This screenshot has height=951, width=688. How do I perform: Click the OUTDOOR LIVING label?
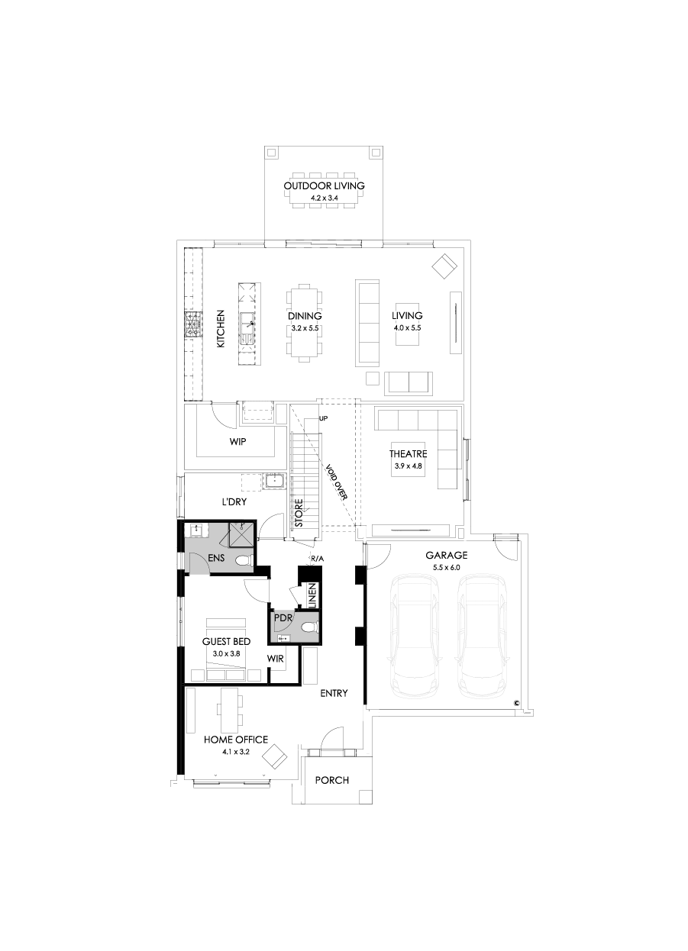pyautogui.click(x=324, y=185)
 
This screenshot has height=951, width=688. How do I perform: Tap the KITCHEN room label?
pyautogui.click(x=221, y=328)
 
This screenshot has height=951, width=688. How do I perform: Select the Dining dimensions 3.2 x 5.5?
pyautogui.click(x=305, y=327)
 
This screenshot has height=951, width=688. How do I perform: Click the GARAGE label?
pyautogui.click(x=446, y=556)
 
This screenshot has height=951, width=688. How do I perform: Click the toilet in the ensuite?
pyautogui.click(x=244, y=561)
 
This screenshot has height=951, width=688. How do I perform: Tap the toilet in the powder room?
pyautogui.click(x=308, y=627)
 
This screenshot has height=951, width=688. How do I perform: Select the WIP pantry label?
pyautogui.click(x=237, y=442)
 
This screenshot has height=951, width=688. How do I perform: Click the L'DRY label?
pyautogui.click(x=234, y=502)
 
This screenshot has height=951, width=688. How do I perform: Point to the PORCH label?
pyautogui.click(x=332, y=780)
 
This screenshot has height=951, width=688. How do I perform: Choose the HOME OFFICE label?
pyautogui.click(x=235, y=740)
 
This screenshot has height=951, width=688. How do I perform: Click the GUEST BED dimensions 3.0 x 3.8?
pyautogui.click(x=226, y=654)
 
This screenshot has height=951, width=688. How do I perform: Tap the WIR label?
pyautogui.click(x=276, y=658)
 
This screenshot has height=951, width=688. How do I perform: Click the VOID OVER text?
pyautogui.click(x=336, y=482)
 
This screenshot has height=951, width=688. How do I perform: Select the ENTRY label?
pyautogui.click(x=334, y=693)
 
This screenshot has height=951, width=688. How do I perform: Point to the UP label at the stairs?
pyautogui.click(x=323, y=419)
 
